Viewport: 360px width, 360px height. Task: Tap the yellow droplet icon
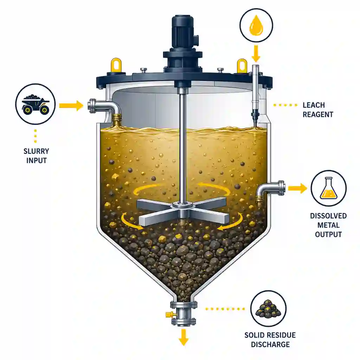pyautogui.click(x=256, y=27)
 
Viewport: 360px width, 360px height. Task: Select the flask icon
pyautogui.click(x=329, y=188)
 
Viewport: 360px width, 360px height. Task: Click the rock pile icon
pyautogui.click(x=268, y=309)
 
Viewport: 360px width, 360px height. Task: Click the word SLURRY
pyautogui.click(x=36, y=151)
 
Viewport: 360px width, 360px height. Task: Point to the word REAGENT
pyautogui.click(x=318, y=115)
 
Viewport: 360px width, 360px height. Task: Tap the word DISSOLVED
pyautogui.click(x=328, y=216)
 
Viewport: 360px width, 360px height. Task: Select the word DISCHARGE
pyautogui.click(x=270, y=345)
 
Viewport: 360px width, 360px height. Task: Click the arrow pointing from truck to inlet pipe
pyautogui.click(x=71, y=105)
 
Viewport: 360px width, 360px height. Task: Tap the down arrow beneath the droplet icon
pyautogui.click(x=256, y=54)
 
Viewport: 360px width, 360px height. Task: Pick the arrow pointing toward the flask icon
pyautogui.click(x=298, y=188)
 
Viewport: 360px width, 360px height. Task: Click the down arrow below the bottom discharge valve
pyautogui.click(x=184, y=337)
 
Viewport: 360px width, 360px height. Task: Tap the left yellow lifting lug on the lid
pyautogui.click(x=116, y=65)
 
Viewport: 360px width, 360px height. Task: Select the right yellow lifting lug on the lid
pyautogui.click(x=242, y=66)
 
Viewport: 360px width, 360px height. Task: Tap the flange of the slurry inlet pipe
pyautogui.click(x=92, y=106)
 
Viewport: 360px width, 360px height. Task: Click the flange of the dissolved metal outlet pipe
pyautogui.click(x=282, y=188)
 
